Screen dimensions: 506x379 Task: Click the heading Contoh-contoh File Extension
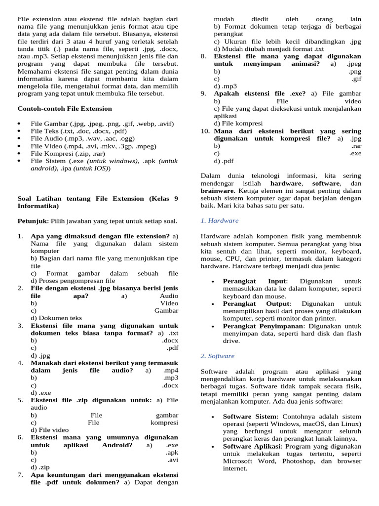coord(65,109)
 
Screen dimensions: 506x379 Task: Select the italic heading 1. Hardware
coord(220,220)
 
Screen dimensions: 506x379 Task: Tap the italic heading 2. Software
coord(218,356)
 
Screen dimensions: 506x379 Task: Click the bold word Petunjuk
coord(32,221)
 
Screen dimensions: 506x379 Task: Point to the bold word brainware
coord(217,190)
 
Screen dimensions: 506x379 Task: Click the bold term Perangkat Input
coord(254,281)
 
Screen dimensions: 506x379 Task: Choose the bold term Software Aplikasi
coord(251,446)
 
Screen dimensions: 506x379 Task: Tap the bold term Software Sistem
coord(249,417)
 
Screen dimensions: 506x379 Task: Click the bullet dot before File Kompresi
coord(20,153)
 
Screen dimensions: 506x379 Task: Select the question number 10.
coord(205,131)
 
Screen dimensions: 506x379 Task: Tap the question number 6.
coord(21,437)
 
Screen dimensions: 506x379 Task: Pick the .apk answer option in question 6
coord(172,452)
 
